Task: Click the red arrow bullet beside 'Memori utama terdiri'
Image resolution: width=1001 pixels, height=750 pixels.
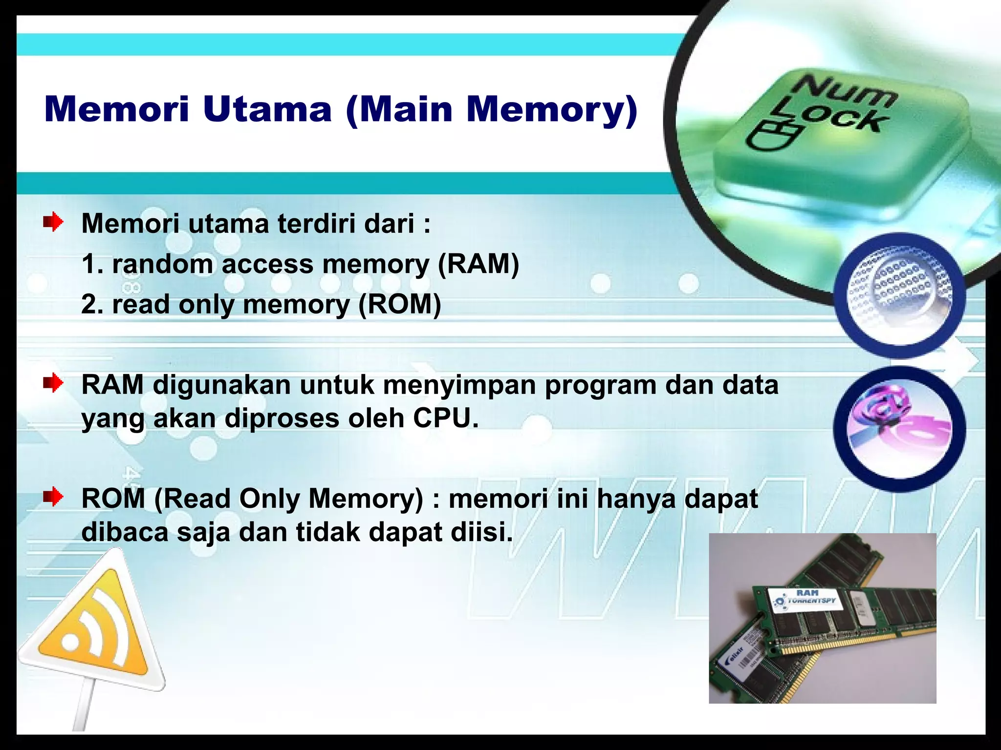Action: coord(53,223)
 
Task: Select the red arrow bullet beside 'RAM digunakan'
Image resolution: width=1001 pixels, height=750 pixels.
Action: coord(53,384)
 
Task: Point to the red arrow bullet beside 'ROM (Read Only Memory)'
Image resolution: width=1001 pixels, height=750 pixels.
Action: coord(53,498)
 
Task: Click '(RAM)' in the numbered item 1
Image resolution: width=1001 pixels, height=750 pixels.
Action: coord(478,264)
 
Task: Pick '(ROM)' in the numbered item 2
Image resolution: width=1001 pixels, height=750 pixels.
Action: coord(399,304)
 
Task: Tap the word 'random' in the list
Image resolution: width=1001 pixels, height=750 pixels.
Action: coord(163,264)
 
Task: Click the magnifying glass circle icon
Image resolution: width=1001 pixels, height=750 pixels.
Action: coord(899,295)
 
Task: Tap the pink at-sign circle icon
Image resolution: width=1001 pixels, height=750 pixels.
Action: coord(899,428)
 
